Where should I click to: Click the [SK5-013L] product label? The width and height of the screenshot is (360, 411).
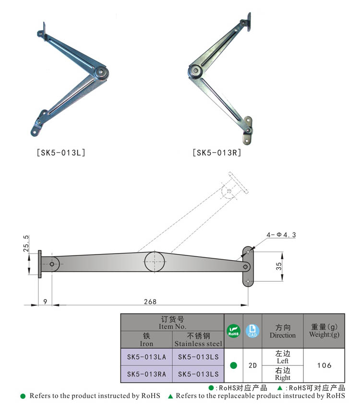[60, 153]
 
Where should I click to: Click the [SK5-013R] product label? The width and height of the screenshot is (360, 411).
[216, 153]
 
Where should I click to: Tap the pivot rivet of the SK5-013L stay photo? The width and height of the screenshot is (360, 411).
[101, 73]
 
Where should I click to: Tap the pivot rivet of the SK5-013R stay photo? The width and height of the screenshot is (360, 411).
[195, 72]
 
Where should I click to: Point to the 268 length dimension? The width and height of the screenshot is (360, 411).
[150, 302]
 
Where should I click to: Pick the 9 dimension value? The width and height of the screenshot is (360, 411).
[45, 302]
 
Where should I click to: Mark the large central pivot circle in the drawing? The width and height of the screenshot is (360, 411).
[155, 262]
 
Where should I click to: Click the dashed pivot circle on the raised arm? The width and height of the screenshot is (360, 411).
[228, 191]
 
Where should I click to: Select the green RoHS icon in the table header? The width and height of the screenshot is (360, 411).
[233, 331]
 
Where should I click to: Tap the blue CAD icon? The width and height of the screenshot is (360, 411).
[252, 331]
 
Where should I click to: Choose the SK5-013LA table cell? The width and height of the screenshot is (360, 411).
[146, 357]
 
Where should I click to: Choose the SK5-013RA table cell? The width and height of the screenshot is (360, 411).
[146, 374]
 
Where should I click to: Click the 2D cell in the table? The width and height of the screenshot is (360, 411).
[252, 365]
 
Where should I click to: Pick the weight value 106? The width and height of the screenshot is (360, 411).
[324, 365]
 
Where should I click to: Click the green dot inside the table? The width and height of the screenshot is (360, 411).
[233, 365]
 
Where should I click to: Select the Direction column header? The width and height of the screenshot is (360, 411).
[283, 331]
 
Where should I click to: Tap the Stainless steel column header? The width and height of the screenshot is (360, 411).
[198, 340]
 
